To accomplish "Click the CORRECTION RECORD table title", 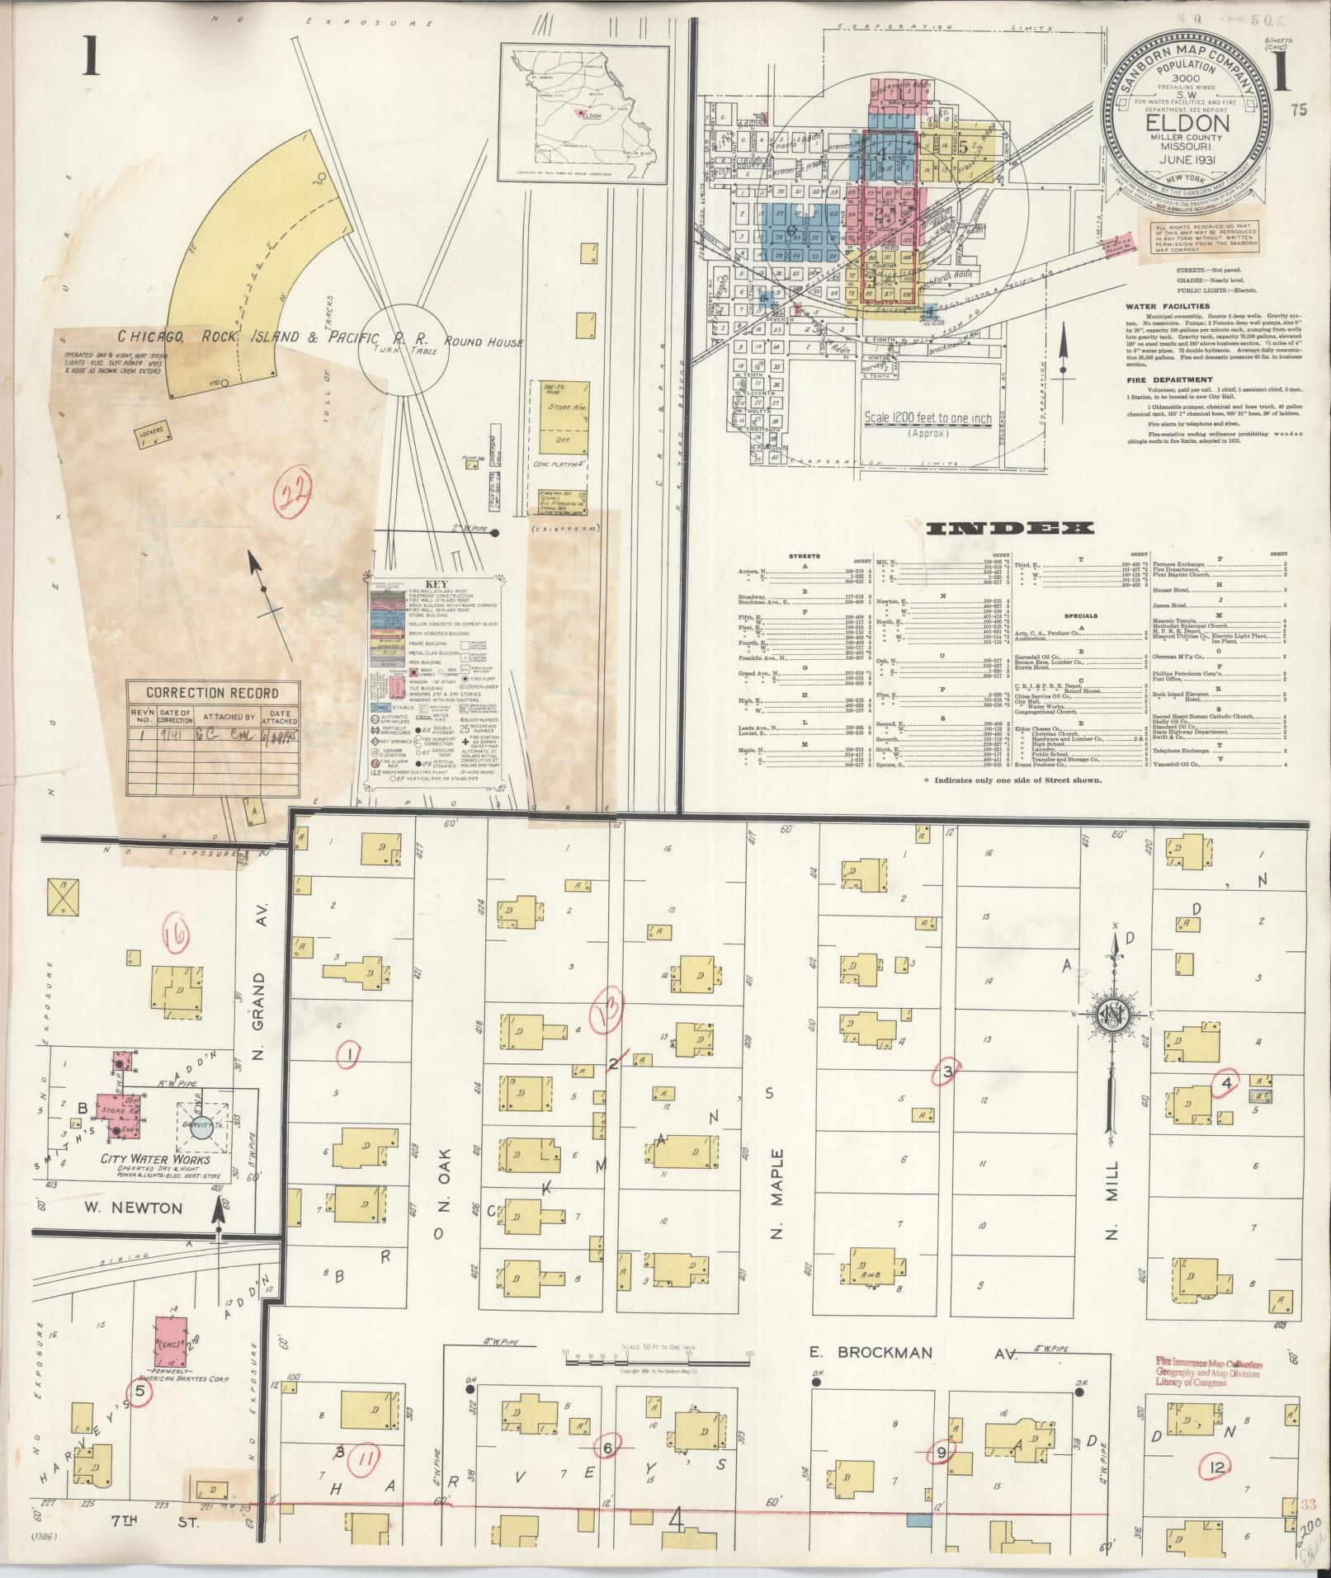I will click(212, 693).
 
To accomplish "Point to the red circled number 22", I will click(292, 494).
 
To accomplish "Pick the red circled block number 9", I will click(942, 1450).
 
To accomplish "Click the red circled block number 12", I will click(1218, 1466).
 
